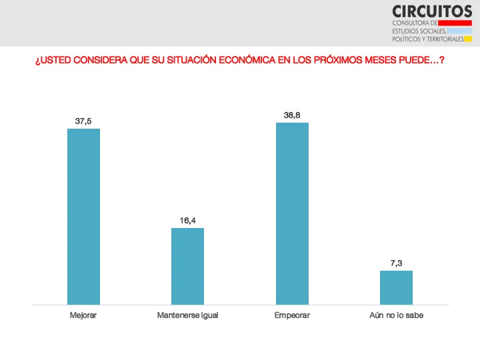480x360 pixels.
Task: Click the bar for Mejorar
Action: (83, 217)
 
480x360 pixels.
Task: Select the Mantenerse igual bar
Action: (187, 266)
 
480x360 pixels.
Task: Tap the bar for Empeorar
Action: (292, 213)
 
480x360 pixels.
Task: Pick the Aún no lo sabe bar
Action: (396, 287)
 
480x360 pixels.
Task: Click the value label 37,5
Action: (83, 121)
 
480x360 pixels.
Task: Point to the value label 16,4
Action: (187, 221)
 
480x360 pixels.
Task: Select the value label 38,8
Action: (292, 115)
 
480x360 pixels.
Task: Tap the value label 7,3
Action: (396, 263)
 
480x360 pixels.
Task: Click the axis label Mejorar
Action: (83, 315)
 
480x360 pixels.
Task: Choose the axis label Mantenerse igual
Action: (187, 315)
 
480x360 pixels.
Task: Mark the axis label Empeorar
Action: (292, 315)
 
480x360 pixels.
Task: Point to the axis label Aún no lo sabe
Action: (396, 315)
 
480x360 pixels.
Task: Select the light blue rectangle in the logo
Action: (459, 31)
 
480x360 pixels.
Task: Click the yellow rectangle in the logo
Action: (468, 39)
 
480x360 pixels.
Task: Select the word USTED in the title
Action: (56, 60)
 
